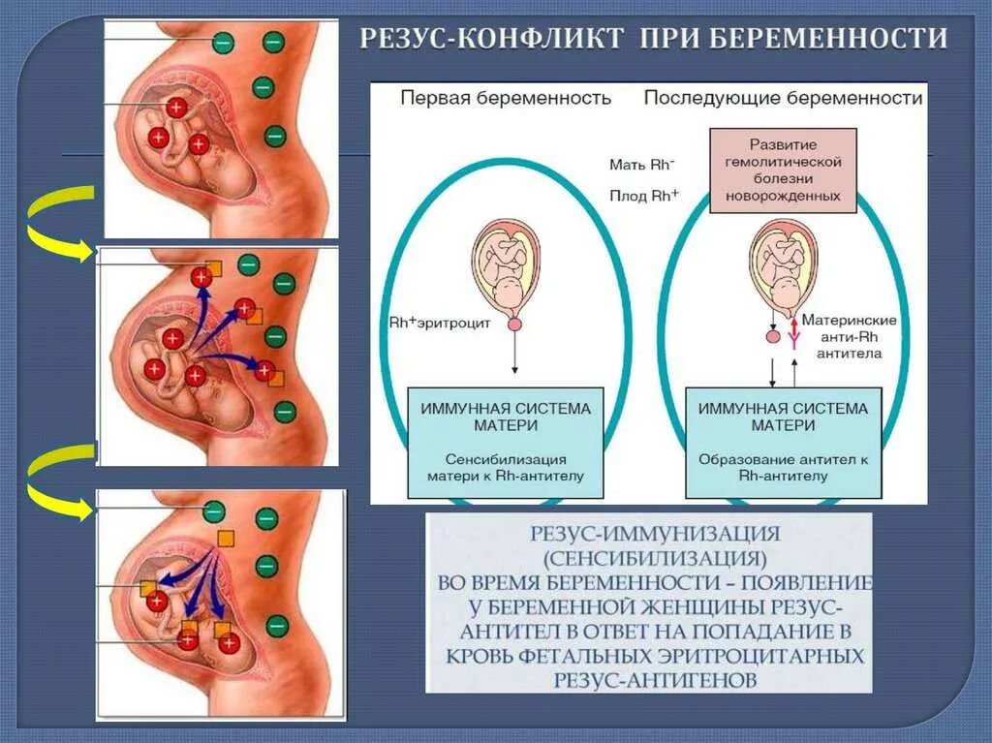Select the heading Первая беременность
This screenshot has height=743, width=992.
click(506, 99)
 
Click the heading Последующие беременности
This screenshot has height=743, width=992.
click(783, 99)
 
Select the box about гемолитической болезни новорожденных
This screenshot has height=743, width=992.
click(784, 170)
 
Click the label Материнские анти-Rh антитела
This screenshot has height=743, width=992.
click(851, 337)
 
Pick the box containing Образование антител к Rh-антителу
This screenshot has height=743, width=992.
click(783, 443)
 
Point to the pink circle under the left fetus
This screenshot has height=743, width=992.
click(514, 325)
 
